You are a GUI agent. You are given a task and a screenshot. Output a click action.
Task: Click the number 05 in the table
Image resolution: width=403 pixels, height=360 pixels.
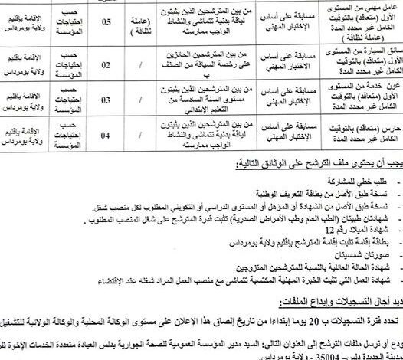(110, 22)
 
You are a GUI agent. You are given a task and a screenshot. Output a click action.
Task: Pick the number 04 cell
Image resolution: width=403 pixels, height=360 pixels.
(110, 139)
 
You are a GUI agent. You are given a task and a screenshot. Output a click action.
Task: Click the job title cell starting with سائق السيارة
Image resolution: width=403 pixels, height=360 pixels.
(360, 62)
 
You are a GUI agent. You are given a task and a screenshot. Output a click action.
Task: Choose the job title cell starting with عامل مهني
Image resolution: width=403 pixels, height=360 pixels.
(360, 20)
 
